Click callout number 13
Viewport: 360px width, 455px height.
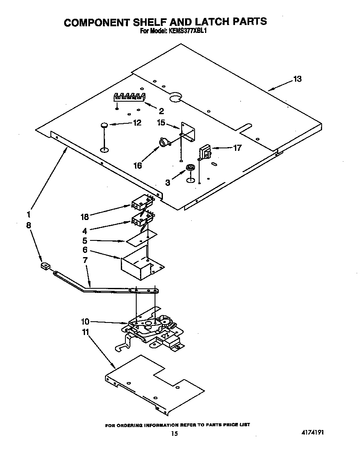click(297, 79)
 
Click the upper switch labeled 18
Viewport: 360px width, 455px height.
click(141, 203)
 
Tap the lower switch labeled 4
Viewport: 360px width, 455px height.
click(141, 219)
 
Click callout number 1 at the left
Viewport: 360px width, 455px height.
click(28, 215)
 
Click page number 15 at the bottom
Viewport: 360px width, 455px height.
click(175, 433)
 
